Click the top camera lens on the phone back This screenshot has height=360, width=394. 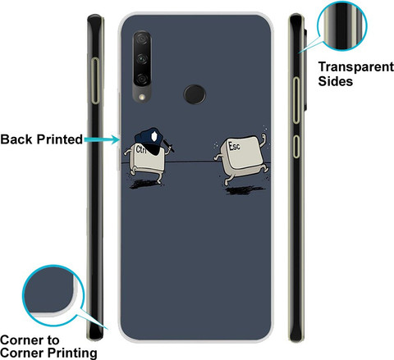[142, 39]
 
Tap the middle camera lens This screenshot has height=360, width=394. [142, 58]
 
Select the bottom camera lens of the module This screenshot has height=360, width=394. [142, 79]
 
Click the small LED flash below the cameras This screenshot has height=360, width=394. [142, 97]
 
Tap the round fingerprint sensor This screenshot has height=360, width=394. [195, 94]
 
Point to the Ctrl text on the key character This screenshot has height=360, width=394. [140, 149]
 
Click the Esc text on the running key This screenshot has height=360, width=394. [234, 146]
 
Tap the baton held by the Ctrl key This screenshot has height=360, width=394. [168, 145]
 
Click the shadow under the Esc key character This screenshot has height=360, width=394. [245, 189]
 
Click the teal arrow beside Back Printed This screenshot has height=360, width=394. [102, 139]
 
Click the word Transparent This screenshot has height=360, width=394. [356, 67]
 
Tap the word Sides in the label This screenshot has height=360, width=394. [336, 81]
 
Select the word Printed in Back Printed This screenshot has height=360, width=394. [60, 139]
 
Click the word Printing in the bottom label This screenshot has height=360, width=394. [72, 353]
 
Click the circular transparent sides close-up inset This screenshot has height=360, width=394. [342, 26]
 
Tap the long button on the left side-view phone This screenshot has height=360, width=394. [95, 80]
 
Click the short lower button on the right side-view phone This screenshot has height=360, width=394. [296, 147]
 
